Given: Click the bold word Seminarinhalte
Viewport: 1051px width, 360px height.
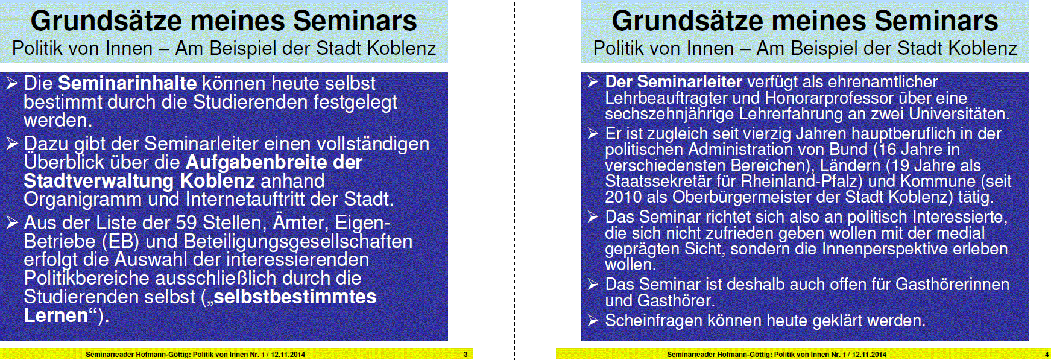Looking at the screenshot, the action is click(x=127, y=83).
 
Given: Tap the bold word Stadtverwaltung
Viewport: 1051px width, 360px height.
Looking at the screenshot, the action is click(x=99, y=181).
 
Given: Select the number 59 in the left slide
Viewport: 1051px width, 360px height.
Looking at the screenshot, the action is click(x=186, y=223).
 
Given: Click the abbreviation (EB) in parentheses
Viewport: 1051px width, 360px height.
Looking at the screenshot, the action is click(x=121, y=242).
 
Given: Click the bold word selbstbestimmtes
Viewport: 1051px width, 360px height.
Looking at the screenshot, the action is click(x=295, y=297).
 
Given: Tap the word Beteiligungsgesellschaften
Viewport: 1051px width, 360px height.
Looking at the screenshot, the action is click(x=298, y=242).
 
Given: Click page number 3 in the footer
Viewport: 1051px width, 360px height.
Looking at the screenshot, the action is click(x=466, y=355).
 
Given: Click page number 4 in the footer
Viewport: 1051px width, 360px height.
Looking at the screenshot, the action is click(x=1047, y=355).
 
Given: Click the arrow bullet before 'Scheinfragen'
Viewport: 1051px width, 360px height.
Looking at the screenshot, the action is click(x=593, y=320).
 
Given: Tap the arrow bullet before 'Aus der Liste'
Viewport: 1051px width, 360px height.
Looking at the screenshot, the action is click(x=12, y=223).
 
